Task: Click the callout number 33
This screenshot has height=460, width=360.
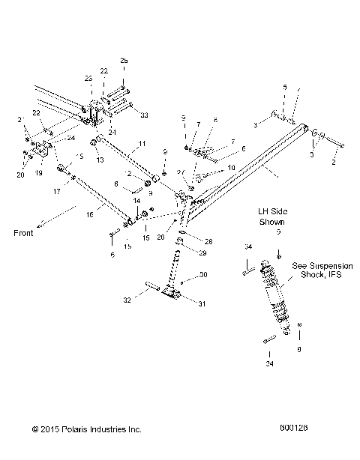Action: pos(144,115)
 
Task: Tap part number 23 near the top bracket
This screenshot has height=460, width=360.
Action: pos(88,78)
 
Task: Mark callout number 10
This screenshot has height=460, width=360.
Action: pos(231,168)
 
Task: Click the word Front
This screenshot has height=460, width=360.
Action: pos(24,232)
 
